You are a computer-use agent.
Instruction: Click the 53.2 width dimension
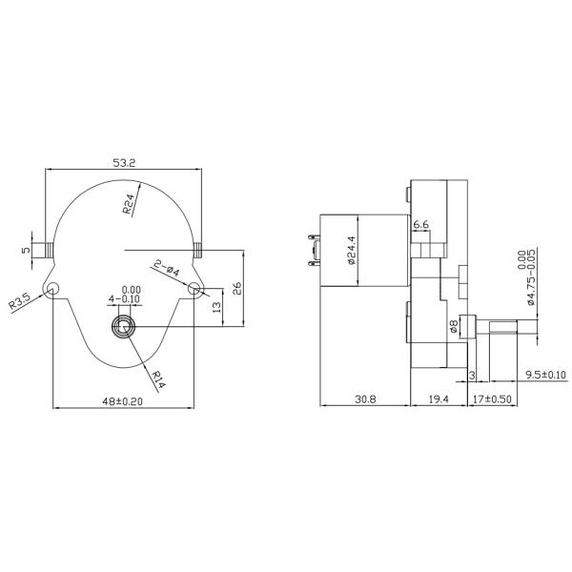(125, 163)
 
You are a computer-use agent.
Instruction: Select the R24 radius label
(130, 204)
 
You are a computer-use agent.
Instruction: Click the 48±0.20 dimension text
(121, 402)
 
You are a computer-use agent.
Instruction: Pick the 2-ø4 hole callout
(166, 268)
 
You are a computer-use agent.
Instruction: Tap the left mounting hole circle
(53, 288)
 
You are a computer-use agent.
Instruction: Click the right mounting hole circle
(195, 288)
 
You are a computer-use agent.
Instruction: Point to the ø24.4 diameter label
(351, 254)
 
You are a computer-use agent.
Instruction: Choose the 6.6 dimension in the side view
(420, 226)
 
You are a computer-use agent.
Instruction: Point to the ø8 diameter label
(455, 327)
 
